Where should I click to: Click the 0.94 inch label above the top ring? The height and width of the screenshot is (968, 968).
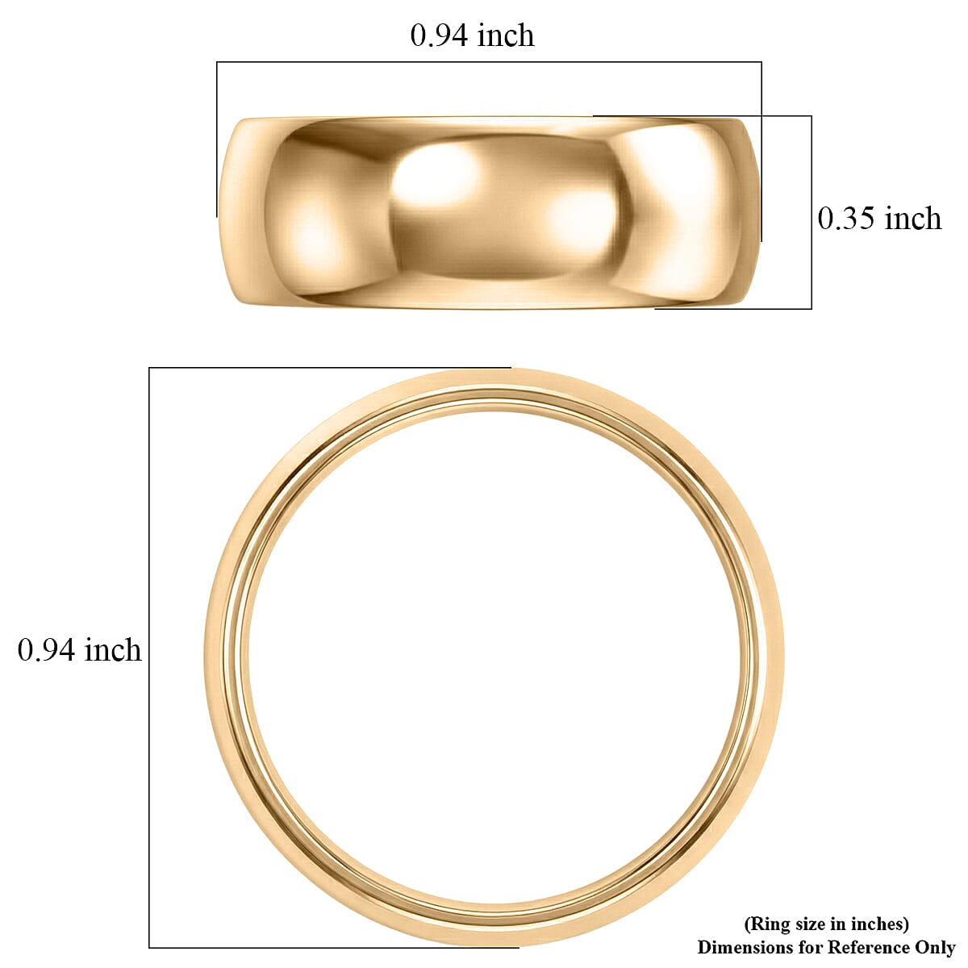click(472, 35)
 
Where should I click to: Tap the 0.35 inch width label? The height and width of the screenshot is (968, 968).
click(879, 219)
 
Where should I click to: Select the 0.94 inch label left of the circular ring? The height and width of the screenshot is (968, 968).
click(79, 650)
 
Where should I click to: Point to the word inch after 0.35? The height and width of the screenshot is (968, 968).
click(912, 219)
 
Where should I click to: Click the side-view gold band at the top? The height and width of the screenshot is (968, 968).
click(489, 212)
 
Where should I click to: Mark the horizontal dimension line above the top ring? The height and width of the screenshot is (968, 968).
click(489, 62)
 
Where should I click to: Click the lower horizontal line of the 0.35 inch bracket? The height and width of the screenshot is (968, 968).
click(734, 308)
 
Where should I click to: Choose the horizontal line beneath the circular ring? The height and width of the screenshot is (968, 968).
click(323, 947)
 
